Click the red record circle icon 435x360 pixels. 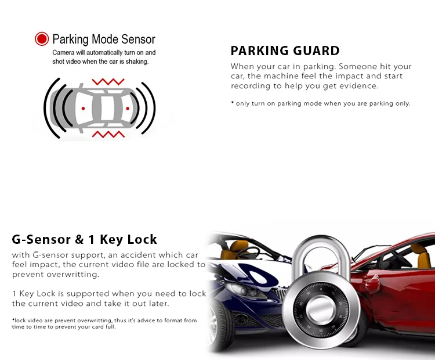pos(42,39)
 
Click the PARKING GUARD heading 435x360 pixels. pos(285,51)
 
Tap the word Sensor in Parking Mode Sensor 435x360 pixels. pos(138,39)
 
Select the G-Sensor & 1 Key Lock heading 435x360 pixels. pos(84,239)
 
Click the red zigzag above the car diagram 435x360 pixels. pos(108,82)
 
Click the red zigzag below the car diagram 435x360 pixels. pos(108,134)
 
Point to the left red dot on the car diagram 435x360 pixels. pos(83,109)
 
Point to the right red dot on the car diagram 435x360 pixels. pos(128,109)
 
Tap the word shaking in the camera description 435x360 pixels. pos(137,62)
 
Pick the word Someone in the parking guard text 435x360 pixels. pos(358,67)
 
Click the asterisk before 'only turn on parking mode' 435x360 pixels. pos(232,103)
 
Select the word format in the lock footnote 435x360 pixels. pos(173,321)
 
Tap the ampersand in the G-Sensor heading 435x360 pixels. pos(79,239)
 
